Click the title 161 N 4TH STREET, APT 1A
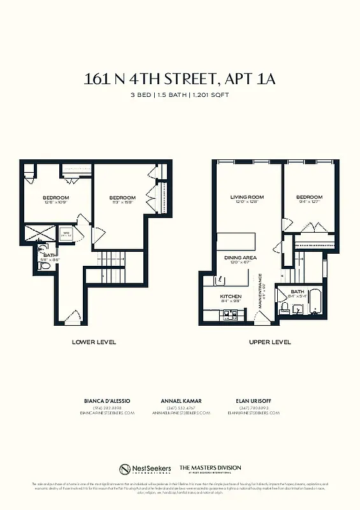pos(180,79)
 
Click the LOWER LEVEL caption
pos(94,342)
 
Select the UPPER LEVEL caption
pos(270,342)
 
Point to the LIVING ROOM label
pos(247,198)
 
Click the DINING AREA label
pos(240,257)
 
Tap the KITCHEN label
pos(231,297)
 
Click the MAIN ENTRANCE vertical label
pos(260,291)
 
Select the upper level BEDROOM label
pos(310,198)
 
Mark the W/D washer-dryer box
pos(66,233)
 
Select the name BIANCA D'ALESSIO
pos(107,400)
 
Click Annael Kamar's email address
pos(181,413)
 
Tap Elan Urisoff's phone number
pos(253,407)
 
